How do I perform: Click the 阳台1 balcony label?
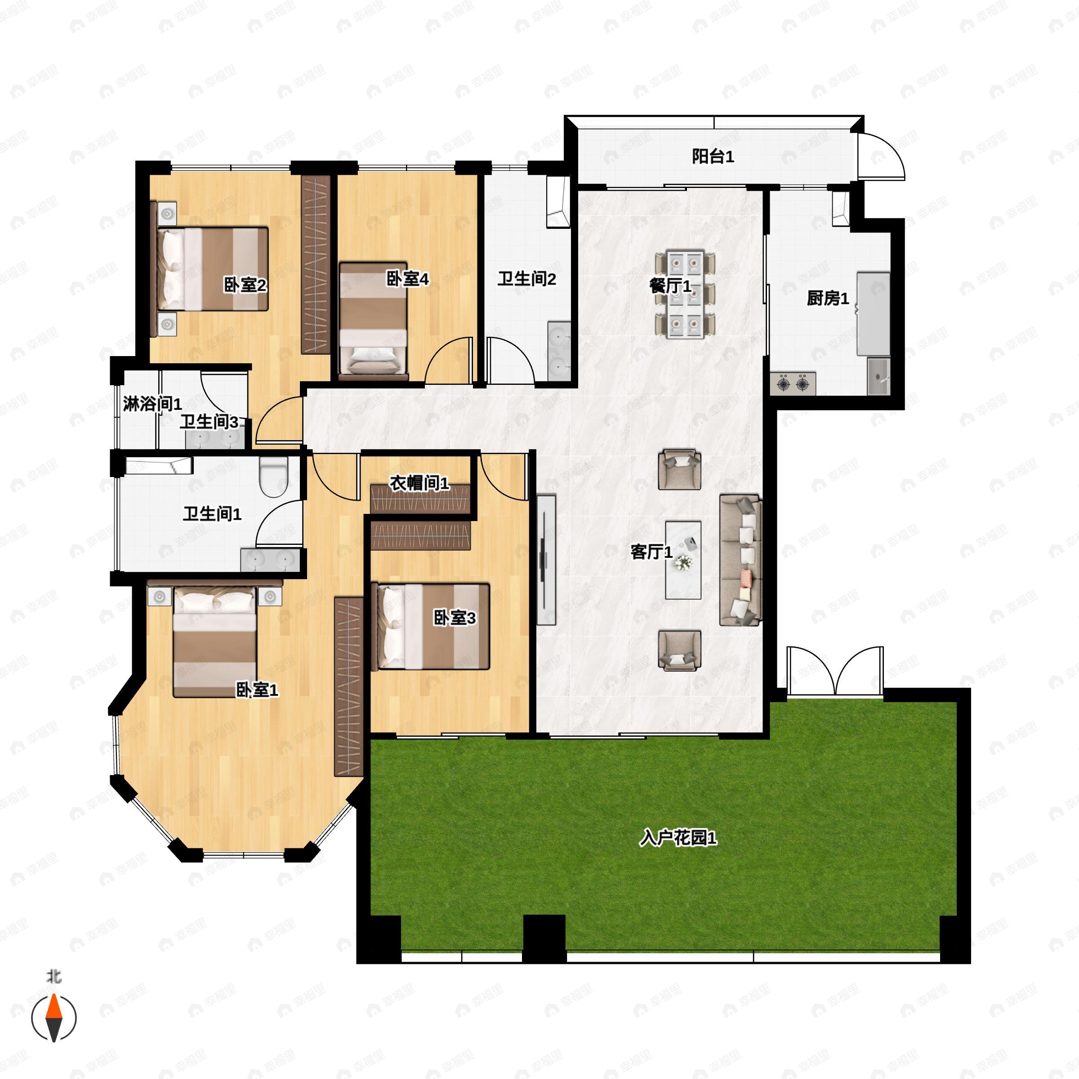tap(713, 156)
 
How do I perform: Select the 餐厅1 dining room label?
tap(670, 286)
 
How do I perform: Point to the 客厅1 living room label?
tap(651, 552)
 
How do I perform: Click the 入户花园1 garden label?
tap(678, 838)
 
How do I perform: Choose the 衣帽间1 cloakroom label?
tap(419, 483)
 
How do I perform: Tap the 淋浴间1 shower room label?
tap(152, 403)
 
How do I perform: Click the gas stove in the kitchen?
tap(793, 383)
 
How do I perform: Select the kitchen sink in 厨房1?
tap(879, 377)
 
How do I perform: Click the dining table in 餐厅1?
tap(686, 294)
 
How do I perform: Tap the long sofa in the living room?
tap(740, 560)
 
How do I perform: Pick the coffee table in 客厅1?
tap(683, 560)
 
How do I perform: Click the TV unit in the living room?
tap(546, 560)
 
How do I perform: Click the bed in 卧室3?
tap(431, 627)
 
